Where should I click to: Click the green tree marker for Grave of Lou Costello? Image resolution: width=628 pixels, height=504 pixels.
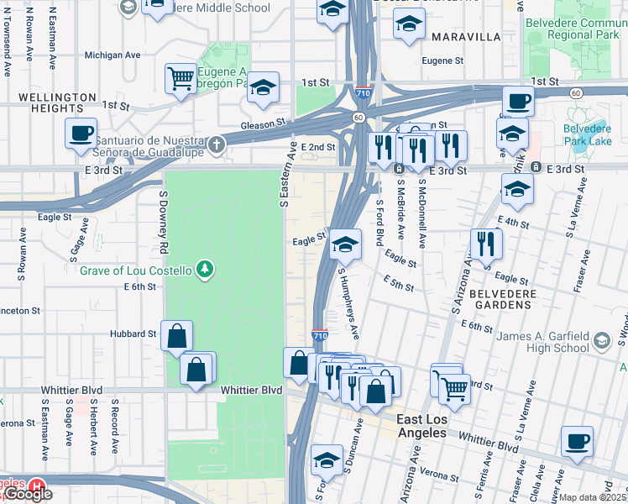coord(203,270)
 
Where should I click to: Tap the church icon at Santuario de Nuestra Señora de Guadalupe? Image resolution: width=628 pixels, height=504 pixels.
coord(217,144)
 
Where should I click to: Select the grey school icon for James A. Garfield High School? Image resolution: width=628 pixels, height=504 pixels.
coord(601,340)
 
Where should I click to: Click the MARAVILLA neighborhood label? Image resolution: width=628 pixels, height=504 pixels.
coord(466,37)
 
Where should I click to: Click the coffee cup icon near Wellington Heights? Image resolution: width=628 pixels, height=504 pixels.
coord(81,134)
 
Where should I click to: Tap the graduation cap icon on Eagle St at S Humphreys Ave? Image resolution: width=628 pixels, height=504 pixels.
coord(344,245)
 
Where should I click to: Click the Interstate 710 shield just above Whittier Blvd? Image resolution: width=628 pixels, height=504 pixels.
coord(320,334)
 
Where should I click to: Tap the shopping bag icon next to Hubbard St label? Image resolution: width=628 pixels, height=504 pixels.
coord(176,337)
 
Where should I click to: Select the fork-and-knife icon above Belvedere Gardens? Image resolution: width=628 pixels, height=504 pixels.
coord(485,244)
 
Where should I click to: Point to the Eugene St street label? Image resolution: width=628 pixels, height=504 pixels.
coord(442,61)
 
